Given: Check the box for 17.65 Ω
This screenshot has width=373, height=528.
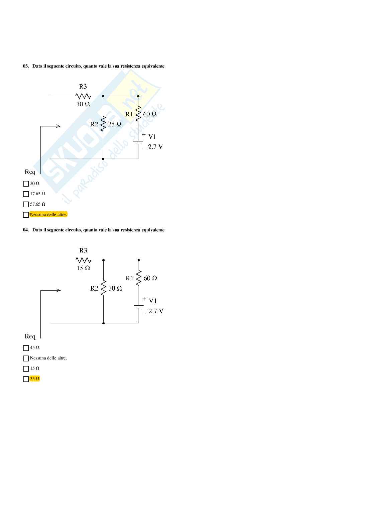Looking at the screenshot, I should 26,194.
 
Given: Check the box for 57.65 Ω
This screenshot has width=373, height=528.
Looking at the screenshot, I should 26,204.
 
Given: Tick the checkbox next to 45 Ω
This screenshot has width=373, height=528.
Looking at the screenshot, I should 26,348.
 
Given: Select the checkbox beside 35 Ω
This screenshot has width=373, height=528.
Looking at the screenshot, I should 26,379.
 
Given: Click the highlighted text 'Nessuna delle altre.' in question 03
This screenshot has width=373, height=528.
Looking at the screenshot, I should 48,214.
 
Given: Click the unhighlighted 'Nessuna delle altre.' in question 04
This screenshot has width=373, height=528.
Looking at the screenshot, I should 48,358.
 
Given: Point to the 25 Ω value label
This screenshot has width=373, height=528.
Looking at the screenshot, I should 115,124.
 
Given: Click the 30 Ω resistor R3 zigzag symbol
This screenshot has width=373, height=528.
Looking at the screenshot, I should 83,96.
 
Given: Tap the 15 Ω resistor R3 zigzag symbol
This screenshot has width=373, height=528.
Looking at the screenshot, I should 83,260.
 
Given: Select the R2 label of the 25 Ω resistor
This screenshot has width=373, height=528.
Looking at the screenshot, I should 94,124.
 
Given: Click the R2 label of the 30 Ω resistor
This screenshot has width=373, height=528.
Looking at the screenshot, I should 94,288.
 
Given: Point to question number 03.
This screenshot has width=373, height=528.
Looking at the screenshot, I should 26,66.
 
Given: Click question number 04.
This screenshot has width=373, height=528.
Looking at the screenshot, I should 26,230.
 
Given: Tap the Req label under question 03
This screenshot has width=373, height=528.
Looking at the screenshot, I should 30,172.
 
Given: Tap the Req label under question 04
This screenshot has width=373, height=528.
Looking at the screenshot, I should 30,336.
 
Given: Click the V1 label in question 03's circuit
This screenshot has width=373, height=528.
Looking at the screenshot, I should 152,136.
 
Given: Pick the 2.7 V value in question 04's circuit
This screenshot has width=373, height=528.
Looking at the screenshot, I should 156,311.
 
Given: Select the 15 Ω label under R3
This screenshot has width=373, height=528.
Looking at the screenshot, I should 83,268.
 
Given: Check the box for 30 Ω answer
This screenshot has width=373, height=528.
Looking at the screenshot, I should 26,184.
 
